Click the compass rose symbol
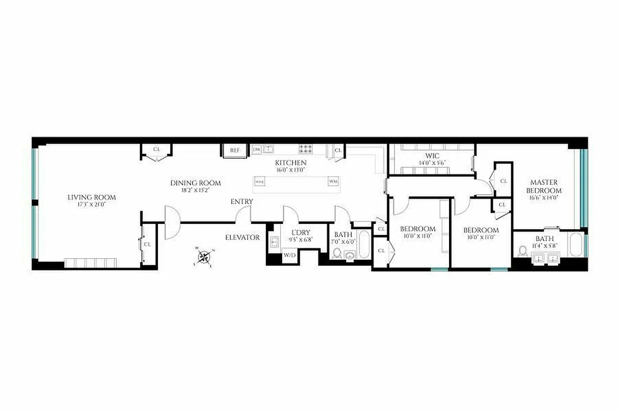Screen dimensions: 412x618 click(204, 256)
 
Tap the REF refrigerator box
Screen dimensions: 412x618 click(235, 150)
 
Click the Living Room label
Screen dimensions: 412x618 click(92, 197)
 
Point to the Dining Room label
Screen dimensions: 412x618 click(196, 183)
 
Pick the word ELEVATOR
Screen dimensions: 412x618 click(243, 237)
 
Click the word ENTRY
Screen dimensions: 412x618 click(242, 201)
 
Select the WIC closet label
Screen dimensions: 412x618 click(432, 156)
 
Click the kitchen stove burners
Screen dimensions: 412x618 click(305, 149)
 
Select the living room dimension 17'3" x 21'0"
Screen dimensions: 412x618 click(92, 204)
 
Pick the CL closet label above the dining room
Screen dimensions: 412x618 click(157, 150)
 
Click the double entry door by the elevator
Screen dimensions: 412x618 click(171, 222)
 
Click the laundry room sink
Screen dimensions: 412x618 click(274, 241)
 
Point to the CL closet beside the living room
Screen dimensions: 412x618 click(147, 244)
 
